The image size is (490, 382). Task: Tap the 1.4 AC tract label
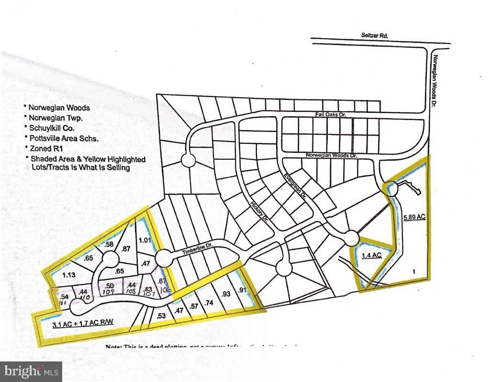[371, 255]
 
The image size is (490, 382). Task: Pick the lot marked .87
[126, 249]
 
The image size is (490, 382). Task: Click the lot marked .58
[109, 245]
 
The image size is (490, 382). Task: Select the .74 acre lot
[208, 302]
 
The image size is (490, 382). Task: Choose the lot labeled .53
[161, 316]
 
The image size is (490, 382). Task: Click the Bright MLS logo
[31, 371]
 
